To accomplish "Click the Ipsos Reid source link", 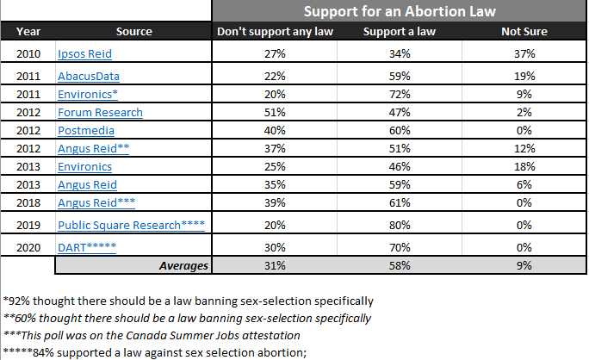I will (x=84, y=53).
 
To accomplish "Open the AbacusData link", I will (x=90, y=76).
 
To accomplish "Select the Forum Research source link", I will (x=100, y=112).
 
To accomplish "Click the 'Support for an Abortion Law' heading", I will (x=400, y=11).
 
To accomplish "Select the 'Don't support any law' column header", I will (x=275, y=32).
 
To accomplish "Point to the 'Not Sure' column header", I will (x=524, y=32).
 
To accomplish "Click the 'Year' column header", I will (x=28, y=32).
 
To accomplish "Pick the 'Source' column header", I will (x=133, y=32).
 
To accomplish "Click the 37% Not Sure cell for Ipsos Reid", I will (x=524, y=53).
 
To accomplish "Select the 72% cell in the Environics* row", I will (x=400, y=94).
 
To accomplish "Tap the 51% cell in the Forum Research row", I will (x=275, y=112).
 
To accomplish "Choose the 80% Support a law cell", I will (x=400, y=225).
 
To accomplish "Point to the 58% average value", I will (x=400, y=265).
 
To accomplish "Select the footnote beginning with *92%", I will (x=189, y=301).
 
